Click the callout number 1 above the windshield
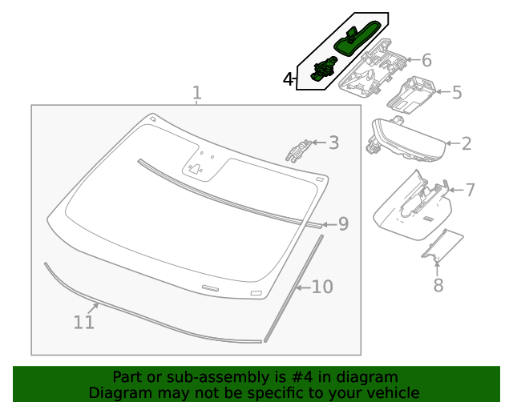coord(197,94)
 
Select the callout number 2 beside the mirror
coord(467,144)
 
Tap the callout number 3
coord(333,143)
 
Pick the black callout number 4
coord(289,79)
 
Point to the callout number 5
coord(457,93)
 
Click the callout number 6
coord(426,61)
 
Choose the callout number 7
coord(470,190)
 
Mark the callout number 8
coord(438,285)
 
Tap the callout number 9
coord(343,224)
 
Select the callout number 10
coord(321,287)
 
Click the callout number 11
coord(84,323)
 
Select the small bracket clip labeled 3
coord(298,150)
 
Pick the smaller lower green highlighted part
coord(323,70)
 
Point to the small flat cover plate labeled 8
coord(443,246)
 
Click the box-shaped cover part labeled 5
coord(411,93)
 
